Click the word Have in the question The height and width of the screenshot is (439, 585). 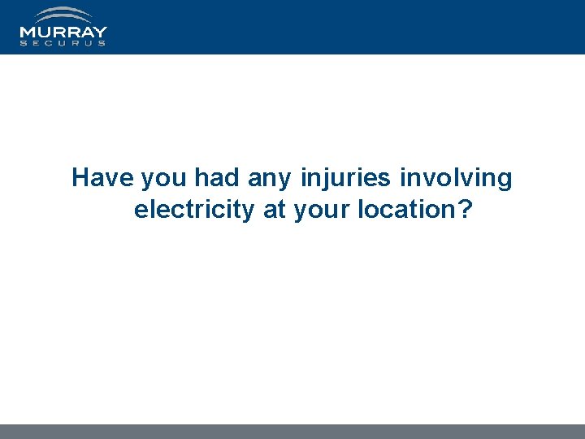(103, 178)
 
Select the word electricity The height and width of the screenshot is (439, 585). (194, 210)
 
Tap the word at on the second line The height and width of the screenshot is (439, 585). (274, 210)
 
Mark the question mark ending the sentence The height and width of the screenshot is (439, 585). (465, 210)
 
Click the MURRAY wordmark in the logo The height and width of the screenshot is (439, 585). (63, 33)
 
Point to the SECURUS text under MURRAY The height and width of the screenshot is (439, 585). (63, 43)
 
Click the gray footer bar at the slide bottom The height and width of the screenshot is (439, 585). (292, 432)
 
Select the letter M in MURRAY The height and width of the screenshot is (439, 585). (28, 33)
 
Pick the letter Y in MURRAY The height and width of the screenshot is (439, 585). (100, 33)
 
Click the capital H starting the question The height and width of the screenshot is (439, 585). (80, 178)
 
